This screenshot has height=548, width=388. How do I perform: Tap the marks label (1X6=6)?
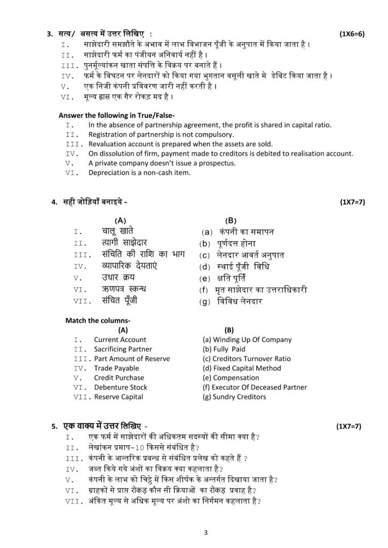[352, 34]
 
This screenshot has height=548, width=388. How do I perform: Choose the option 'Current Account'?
[120, 339]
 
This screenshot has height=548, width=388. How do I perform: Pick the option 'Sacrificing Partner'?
[123, 349]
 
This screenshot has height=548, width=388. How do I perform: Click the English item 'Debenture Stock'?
[121, 387]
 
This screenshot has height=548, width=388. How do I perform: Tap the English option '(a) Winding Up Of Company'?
[247, 339]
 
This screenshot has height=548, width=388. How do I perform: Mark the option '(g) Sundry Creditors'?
[234, 397]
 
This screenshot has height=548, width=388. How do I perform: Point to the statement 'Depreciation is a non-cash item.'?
[139, 172]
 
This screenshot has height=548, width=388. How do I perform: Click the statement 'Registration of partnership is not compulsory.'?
[161, 134]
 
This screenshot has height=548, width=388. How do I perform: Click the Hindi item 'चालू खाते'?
[118, 231]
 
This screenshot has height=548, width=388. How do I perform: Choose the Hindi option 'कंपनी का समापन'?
[247, 232]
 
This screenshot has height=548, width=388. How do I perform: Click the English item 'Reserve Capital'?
[118, 397]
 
